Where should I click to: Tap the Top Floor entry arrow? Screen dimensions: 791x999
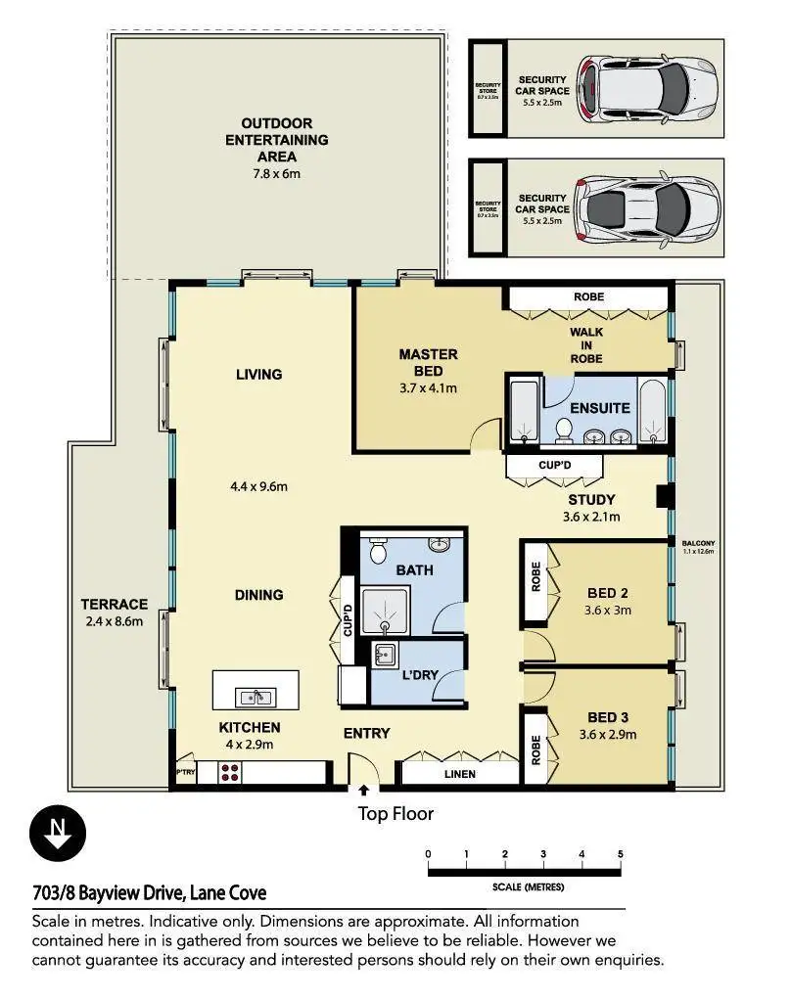(364, 789)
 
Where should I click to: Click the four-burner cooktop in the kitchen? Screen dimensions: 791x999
(231, 772)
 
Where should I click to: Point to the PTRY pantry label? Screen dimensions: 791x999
(186, 773)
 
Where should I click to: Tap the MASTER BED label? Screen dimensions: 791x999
(428, 362)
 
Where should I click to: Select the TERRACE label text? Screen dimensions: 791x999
(115, 604)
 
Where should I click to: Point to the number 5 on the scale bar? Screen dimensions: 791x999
(621, 854)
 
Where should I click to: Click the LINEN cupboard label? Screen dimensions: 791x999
(459, 774)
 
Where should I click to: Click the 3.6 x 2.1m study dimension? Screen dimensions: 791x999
(591, 517)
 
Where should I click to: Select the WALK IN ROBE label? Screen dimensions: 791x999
(586, 345)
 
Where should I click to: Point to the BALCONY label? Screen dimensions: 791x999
(699, 543)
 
